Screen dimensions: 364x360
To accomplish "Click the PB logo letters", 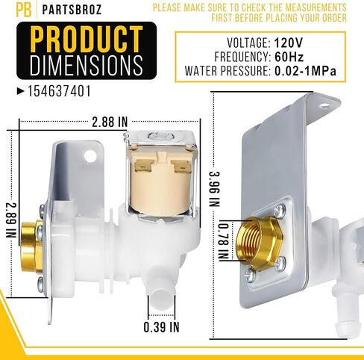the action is point(24,10).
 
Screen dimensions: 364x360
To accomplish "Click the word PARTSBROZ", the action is point(72,10).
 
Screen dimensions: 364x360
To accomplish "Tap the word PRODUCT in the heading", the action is point(87,39).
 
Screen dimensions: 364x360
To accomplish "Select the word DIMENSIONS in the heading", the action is point(87,65).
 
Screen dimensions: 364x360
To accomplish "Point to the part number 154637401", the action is point(59,91).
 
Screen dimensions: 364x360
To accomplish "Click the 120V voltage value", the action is point(289,43).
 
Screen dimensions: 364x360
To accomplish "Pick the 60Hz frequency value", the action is point(289,57).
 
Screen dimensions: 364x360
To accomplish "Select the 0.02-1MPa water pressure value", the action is point(305,71).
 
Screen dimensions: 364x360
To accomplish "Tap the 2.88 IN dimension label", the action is point(110,122).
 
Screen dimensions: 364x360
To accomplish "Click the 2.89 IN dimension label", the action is point(11,220).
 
